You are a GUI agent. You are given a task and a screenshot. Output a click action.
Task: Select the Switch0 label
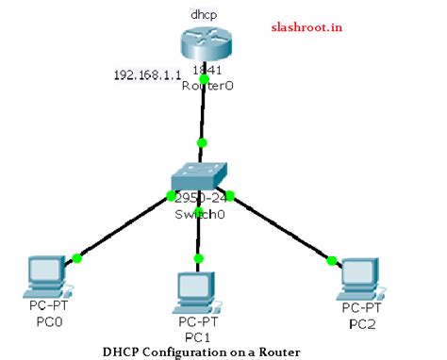point(200,214)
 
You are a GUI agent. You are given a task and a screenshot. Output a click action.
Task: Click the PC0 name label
point(43,321)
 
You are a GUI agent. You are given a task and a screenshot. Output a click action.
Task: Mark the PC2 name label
point(361,322)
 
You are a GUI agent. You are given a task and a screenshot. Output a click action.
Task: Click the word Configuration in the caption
point(196,352)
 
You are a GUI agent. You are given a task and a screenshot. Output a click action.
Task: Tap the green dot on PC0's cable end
point(76,257)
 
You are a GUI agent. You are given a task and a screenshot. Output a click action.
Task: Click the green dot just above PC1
point(198,257)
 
